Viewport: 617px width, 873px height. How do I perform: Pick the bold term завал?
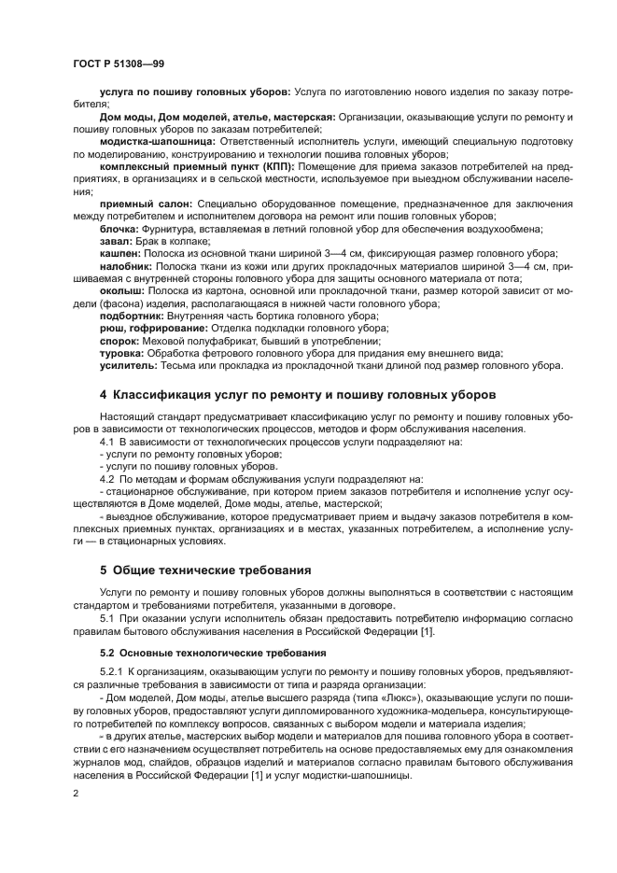point(116,240)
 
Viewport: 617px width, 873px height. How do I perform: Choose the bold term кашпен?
point(121,253)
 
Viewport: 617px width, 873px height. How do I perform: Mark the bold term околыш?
point(121,290)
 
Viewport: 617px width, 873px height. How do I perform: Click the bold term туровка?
point(122,353)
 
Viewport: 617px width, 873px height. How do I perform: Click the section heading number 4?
point(104,395)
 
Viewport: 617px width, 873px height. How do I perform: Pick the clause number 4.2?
point(106,478)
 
